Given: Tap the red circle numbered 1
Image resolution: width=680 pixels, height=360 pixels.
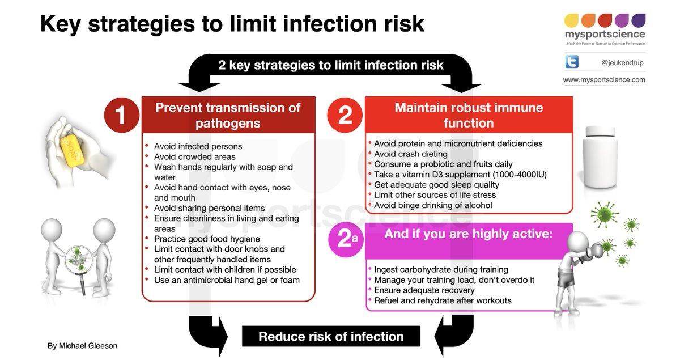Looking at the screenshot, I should (x=120, y=115).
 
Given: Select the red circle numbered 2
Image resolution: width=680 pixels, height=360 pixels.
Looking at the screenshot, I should (x=345, y=115).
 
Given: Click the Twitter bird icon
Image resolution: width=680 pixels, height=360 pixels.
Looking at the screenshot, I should (x=572, y=63).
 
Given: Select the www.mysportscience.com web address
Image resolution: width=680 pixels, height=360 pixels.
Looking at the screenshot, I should (x=604, y=80).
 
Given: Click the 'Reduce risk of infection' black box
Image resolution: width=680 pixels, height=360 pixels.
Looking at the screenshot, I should (x=331, y=336).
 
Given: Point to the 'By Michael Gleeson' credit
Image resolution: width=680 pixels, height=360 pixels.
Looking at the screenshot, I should (x=82, y=345).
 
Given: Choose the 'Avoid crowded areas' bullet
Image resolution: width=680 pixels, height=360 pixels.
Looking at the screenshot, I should (x=194, y=156).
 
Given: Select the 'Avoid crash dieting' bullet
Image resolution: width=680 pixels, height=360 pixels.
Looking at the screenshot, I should (x=410, y=154).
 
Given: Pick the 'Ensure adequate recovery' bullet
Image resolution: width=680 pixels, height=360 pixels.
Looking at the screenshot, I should (x=424, y=290).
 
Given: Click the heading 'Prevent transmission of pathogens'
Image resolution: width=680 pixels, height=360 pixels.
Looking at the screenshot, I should (x=228, y=115).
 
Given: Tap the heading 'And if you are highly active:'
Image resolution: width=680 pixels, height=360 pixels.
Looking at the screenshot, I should (x=469, y=234).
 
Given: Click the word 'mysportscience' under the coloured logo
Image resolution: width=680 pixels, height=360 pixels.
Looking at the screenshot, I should (x=605, y=35).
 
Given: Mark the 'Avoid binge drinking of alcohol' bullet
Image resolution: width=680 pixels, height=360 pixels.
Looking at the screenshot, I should (x=433, y=205).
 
